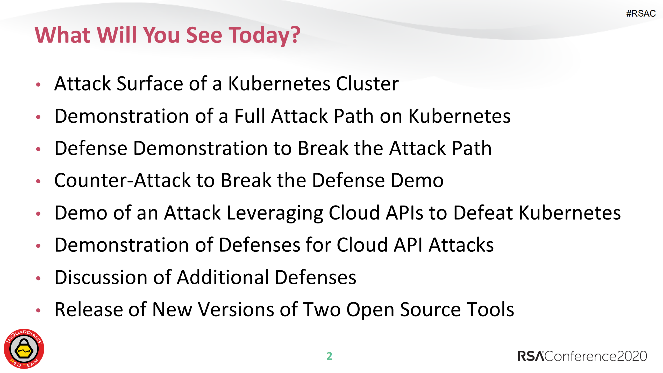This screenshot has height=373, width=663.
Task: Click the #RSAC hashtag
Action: tap(641, 13)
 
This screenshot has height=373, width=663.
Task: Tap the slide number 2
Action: tap(329, 356)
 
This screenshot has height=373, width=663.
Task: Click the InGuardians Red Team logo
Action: tap(24, 349)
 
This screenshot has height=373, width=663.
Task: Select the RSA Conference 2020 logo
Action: tap(582, 356)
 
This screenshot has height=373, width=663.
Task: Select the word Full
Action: tap(250, 116)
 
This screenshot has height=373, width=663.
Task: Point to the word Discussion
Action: tap(101, 277)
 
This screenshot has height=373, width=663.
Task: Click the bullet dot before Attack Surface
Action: tap(38, 85)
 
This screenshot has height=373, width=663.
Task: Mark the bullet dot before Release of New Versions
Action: tap(38, 310)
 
